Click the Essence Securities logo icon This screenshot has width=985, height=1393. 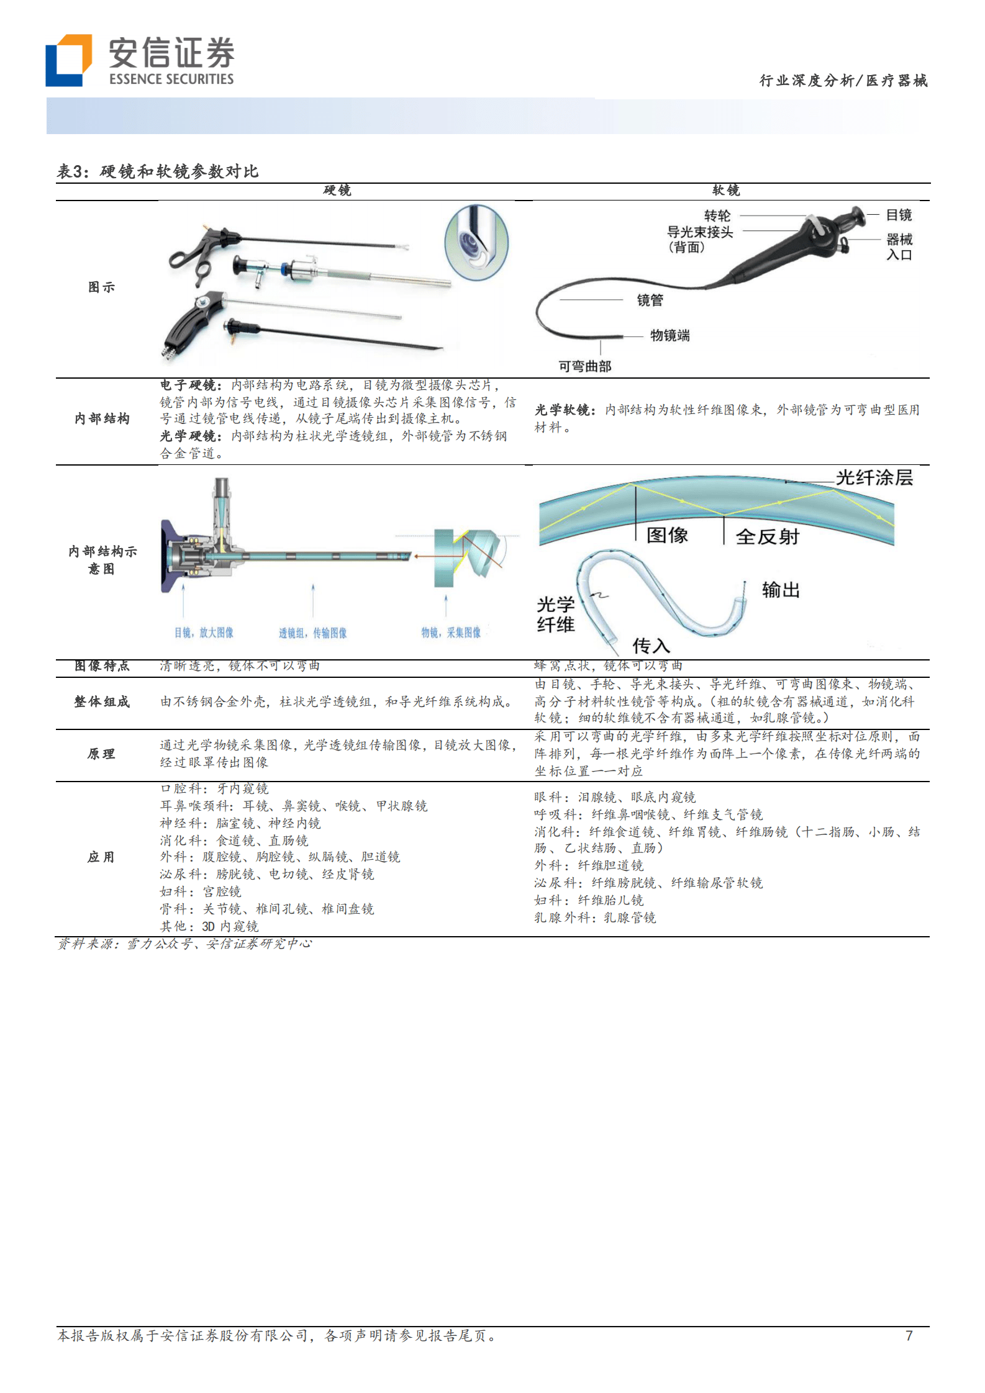(x=68, y=60)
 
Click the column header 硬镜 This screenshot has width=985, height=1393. (x=337, y=191)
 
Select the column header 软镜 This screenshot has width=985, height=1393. (x=726, y=191)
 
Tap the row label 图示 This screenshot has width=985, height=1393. (x=101, y=287)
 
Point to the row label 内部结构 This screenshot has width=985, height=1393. (x=102, y=419)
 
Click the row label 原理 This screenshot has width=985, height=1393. (x=101, y=754)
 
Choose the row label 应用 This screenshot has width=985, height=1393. (x=101, y=857)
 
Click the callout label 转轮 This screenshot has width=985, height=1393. (x=717, y=215)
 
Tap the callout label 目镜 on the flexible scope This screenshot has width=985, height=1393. (x=898, y=215)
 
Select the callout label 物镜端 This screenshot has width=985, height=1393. (x=670, y=336)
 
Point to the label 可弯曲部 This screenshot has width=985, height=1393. (x=584, y=366)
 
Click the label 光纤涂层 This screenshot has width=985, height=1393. (x=874, y=477)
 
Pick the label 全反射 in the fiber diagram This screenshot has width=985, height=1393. (x=767, y=536)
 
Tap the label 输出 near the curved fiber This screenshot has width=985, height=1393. (x=781, y=590)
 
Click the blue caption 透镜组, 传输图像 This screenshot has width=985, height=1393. (x=312, y=633)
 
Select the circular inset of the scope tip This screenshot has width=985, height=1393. (x=476, y=243)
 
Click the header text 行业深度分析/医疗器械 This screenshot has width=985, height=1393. (x=843, y=81)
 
